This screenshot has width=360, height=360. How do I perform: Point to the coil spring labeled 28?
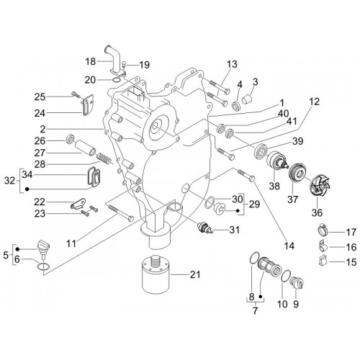pos(104,159)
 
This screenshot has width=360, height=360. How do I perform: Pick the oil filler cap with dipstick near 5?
pos(43,248)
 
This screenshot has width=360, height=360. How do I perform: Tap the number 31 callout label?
pos(234,230)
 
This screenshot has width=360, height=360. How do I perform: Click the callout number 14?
pos(289,246)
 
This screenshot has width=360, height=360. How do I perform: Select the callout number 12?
pos(315,102)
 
